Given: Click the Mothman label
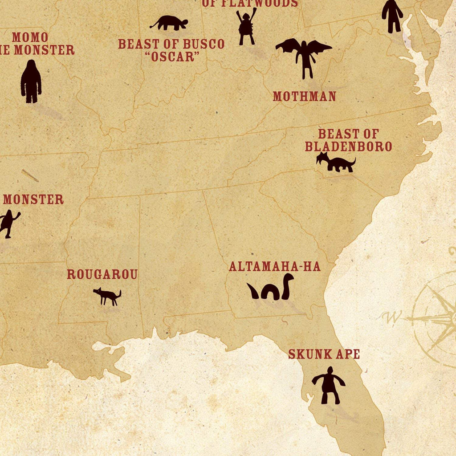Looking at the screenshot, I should [304, 96].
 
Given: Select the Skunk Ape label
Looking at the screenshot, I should [324, 354].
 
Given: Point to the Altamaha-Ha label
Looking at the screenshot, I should [275, 267].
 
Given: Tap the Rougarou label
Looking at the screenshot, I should [102, 274].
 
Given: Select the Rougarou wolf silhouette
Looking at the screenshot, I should [107, 296].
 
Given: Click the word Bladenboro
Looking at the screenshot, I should [348, 147].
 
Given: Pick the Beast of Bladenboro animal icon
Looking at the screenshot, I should [336, 163].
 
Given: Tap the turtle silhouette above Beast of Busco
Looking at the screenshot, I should [169, 23].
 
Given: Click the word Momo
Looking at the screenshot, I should [30, 37].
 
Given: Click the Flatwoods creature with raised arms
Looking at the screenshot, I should [246, 27].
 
